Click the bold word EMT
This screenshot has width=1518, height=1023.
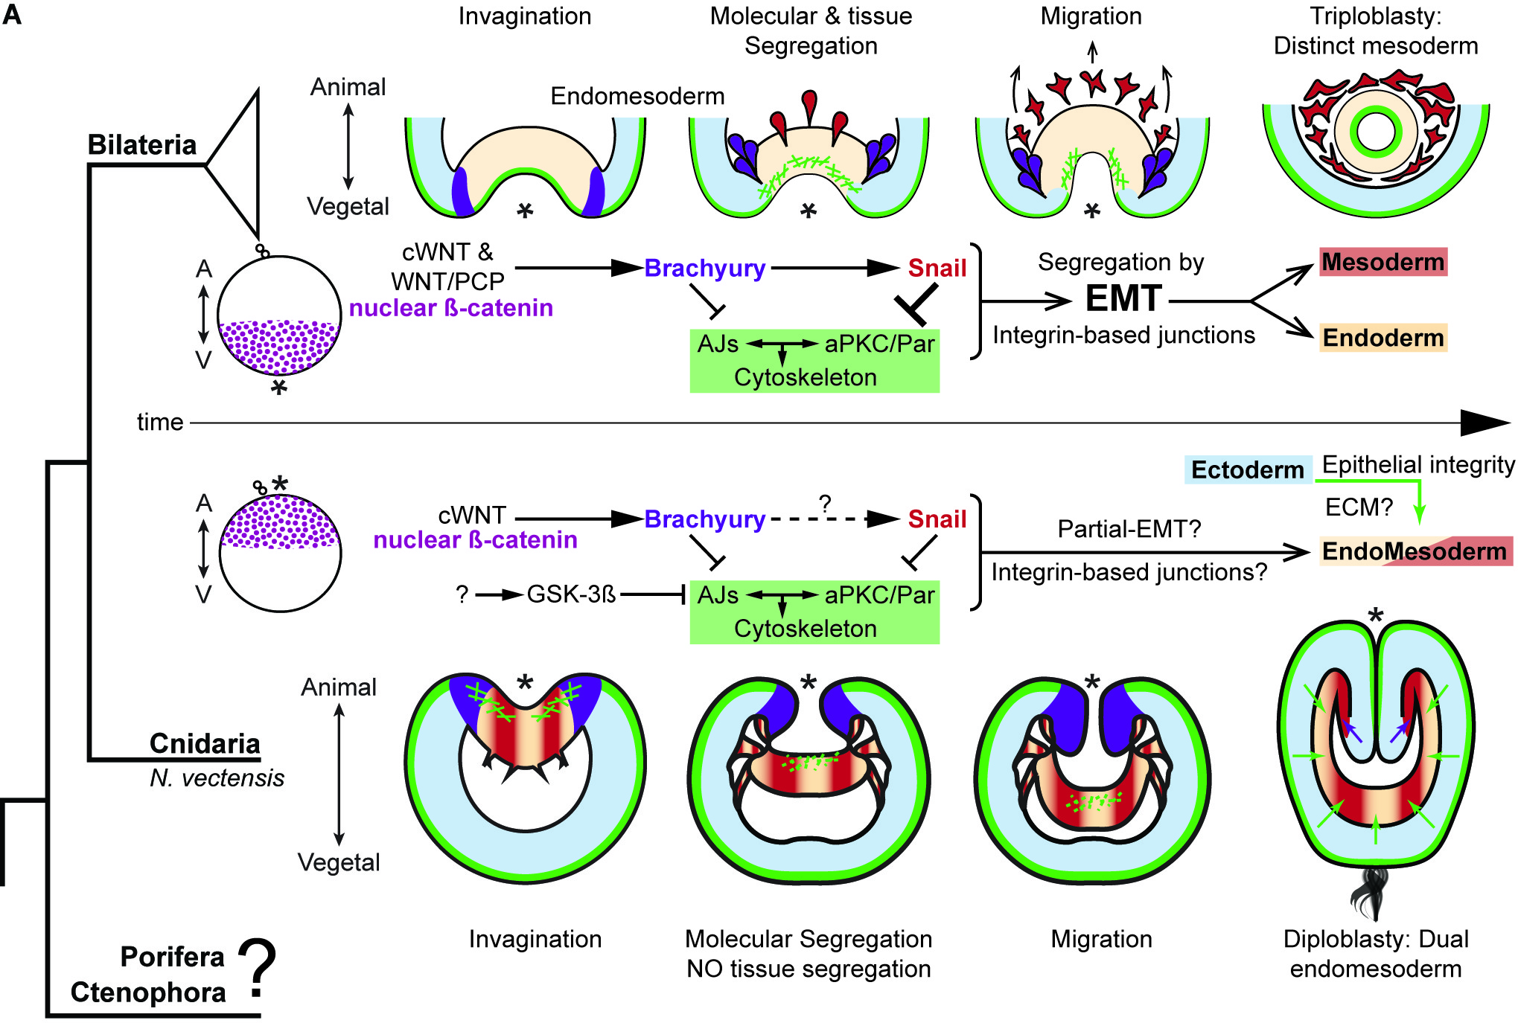1123,299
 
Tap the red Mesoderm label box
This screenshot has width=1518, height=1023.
1383,262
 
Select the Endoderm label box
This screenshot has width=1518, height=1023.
1383,338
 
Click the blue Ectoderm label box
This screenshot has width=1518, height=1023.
1248,469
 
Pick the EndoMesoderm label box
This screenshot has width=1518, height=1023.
1415,551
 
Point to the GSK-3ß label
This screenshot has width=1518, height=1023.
571,594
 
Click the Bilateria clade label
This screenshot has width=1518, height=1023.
142,144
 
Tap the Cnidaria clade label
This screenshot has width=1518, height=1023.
205,743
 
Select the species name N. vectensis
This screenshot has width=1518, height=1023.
217,778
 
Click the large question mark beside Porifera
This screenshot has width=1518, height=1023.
258,967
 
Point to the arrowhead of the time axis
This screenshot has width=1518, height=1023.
1484,423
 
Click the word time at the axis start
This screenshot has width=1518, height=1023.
160,423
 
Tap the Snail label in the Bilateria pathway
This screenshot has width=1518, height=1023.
937,268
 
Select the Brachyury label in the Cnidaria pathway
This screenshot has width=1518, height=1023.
704,519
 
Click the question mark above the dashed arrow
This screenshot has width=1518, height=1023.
825,504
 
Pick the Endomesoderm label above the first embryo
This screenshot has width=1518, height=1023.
637,96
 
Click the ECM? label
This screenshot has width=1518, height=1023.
1359,507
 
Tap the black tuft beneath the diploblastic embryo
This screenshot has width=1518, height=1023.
1374,893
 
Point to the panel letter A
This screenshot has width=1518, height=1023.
12,15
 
